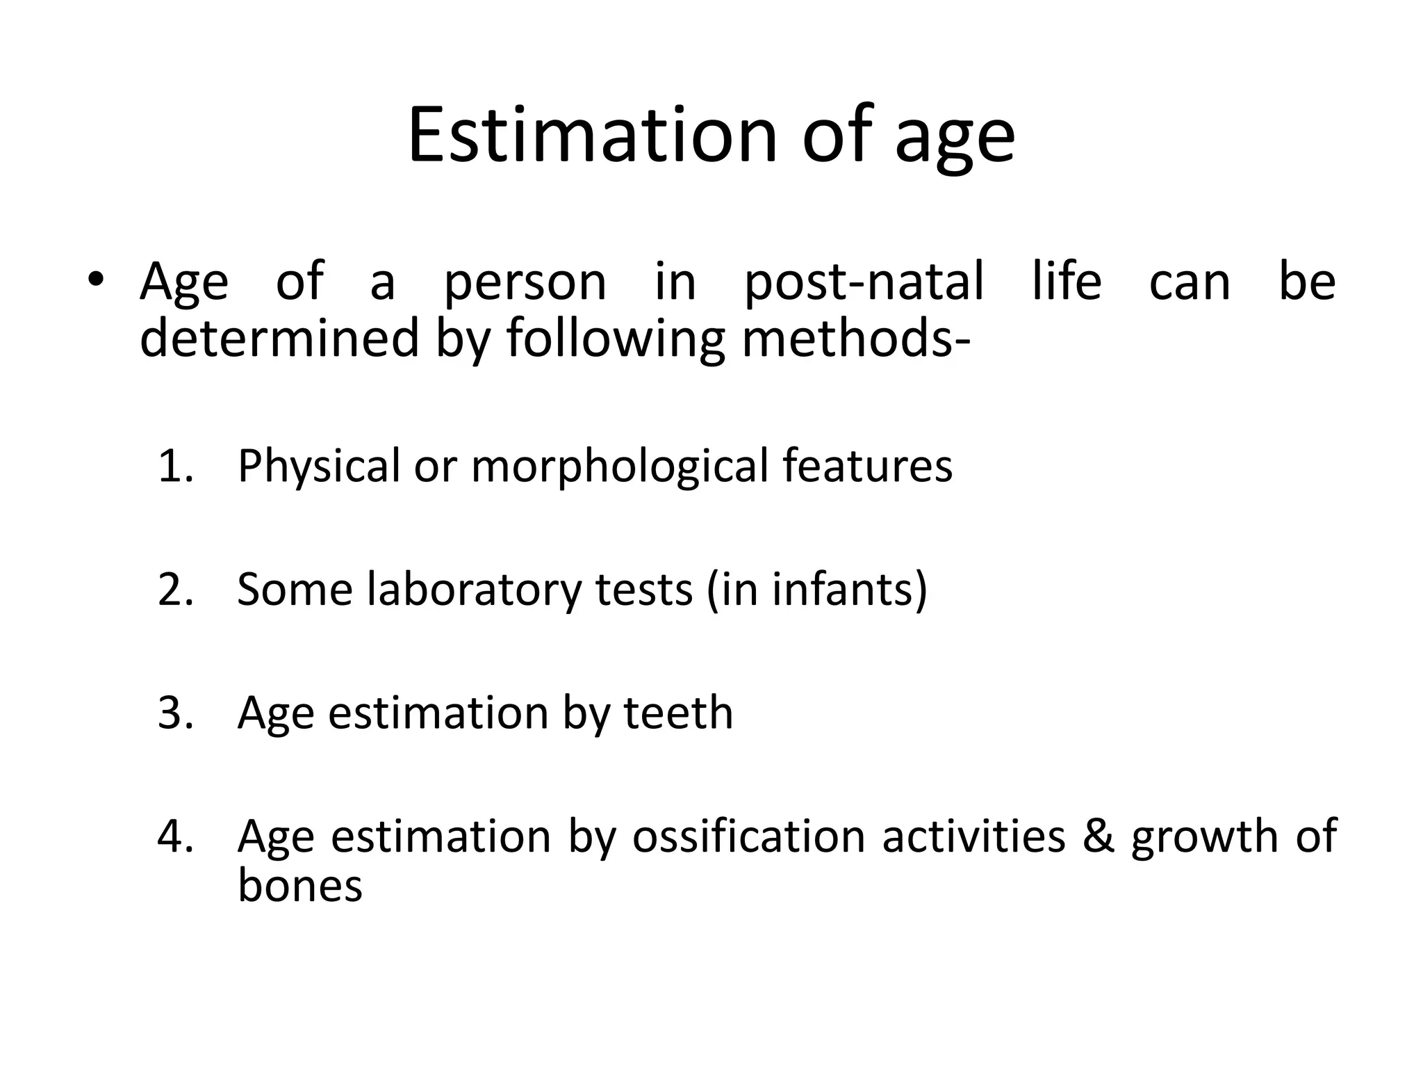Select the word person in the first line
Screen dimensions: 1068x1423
(x=525, y=284)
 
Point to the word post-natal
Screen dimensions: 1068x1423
(x=864, y=284)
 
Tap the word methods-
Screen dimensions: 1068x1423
(x=855, y=338)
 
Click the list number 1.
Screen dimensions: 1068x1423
(x=174, y=466)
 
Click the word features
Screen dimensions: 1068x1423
(x=867, y=466)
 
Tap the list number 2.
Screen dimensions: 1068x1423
(x=174, y=590)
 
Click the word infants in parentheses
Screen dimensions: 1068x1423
(x=841, y=590)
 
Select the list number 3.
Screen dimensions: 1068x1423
(x=174, y=713)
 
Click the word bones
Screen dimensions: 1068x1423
(x=299, y=886)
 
